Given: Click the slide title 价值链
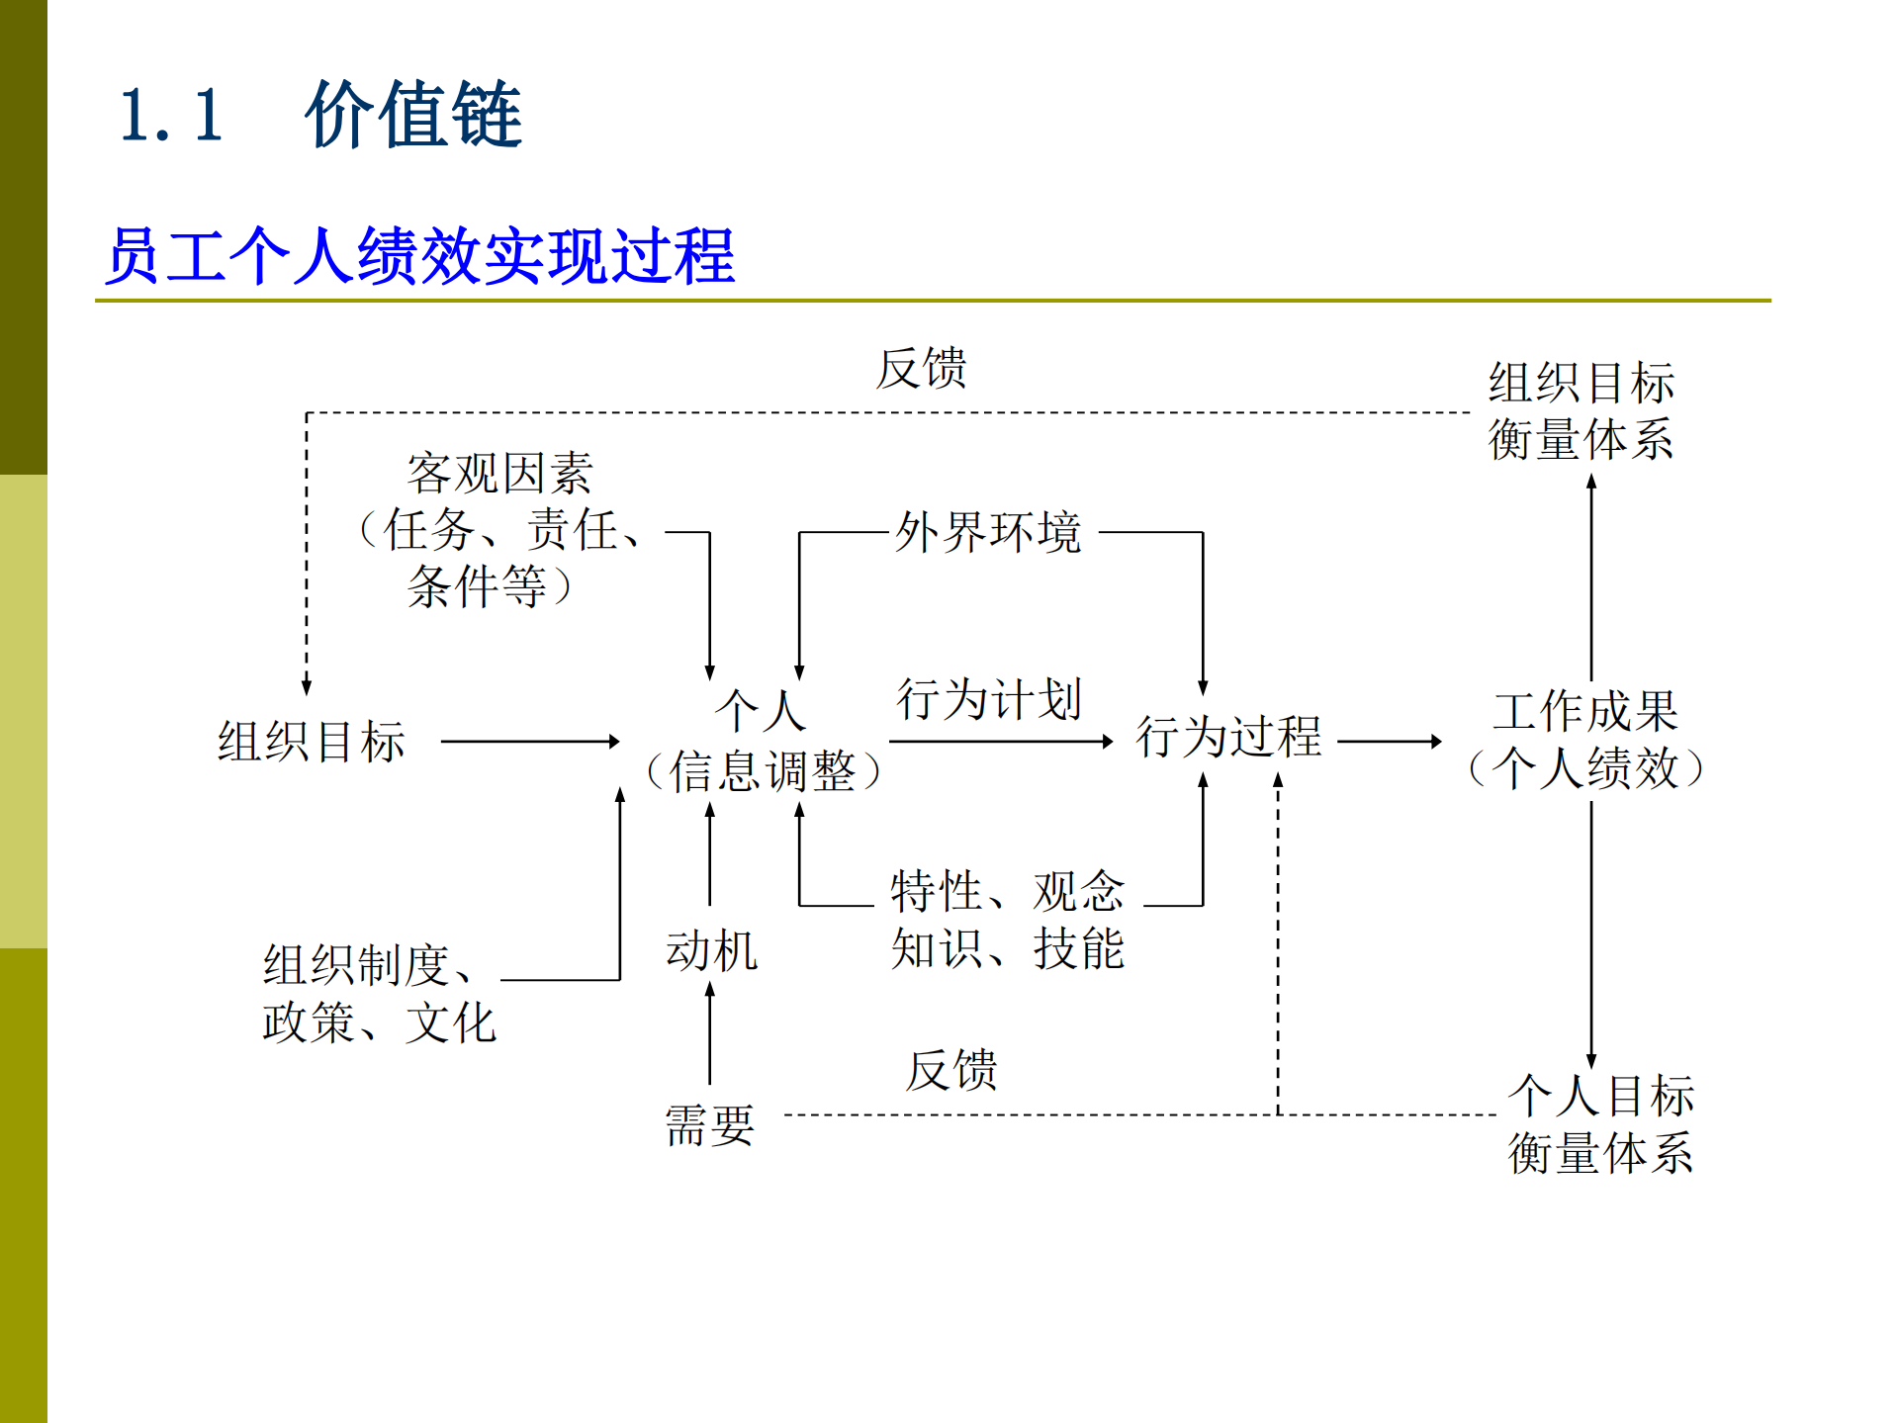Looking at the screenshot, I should [413, 115].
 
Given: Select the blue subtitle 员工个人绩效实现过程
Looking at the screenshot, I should [420, 256].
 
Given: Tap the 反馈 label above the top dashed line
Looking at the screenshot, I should [921, 369].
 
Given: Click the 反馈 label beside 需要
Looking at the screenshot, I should [951, 1070].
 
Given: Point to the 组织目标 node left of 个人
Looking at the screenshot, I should [312, 742].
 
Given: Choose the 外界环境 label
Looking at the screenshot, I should [988, 533].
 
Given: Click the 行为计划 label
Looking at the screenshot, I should [988, 700].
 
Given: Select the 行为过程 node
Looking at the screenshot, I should [1228, 737].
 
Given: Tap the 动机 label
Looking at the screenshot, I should [711, 951].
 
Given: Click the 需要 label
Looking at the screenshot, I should [709, 1125].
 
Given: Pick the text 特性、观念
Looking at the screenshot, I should [1007, 891].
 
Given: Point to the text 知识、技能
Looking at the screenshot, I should [1007, 948].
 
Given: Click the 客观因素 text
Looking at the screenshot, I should [499, 474].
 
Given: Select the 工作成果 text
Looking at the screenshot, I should [1585, 711].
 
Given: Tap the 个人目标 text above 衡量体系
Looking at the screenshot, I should [1600, 1096].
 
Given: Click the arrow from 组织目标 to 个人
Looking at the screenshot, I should [530, 742].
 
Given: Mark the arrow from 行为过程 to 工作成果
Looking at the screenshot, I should [1390, 742].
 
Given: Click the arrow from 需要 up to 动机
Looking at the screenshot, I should [710, 1034].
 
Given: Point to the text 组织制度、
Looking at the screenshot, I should [369, 965].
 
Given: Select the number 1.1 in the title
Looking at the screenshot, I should [171, 116].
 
